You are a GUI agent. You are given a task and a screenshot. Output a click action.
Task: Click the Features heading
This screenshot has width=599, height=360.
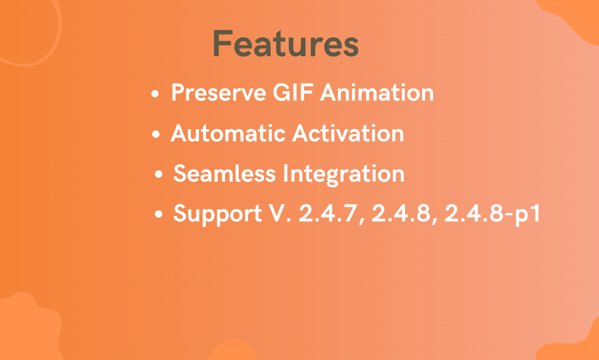click(285, 44)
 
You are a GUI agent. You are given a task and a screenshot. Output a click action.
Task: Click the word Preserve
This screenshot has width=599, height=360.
click(219, 93)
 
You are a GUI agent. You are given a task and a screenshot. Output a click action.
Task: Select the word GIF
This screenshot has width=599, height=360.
click(293, 93)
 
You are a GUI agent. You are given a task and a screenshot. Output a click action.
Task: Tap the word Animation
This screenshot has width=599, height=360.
click(377, 93)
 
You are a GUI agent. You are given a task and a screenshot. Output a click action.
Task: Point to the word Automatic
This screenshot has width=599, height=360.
click(228, 133)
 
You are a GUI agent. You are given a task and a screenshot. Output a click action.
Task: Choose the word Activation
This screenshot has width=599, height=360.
click(348, 133)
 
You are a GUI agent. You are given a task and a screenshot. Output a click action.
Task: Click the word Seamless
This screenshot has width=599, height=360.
click(224, 174)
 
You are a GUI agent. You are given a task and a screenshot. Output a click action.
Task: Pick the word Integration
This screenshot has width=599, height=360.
click(343, 175)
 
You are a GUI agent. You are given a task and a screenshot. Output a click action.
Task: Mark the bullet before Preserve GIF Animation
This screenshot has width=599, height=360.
click(155, 94)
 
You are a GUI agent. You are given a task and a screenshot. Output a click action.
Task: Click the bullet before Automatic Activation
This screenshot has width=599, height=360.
click(156, 134)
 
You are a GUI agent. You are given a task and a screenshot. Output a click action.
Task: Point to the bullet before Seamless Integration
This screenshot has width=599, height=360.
click(159, 174)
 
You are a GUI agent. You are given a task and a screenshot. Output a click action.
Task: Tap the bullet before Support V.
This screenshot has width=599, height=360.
click(159, 214)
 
